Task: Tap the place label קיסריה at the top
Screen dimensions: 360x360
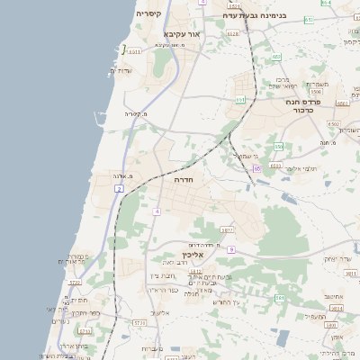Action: [149, 14]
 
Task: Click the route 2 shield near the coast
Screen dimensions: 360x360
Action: [119, 188]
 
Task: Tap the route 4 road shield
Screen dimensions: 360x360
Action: [156, 211]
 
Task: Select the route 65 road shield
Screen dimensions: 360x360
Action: [256, 167]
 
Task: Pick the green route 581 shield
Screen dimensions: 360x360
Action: [280, 297]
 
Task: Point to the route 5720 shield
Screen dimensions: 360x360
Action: [139, 321]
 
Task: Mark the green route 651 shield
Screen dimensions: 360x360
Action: [309, 19]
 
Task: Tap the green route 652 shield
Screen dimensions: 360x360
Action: [276, 57]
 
